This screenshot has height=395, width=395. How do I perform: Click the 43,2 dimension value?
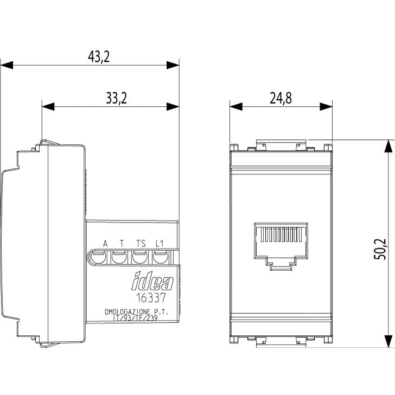pyautogui.click(x=99, y=56)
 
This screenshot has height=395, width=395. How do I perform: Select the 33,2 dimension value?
pyautogui.click(x=116, y=98)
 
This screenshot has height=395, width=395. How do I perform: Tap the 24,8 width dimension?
pyautogui.click(x=281, y=98)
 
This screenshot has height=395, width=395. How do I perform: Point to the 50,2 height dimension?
pyautogui.click(x=380, y=249)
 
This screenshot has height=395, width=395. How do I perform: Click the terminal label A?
pyautogui.click(x=105, y=244)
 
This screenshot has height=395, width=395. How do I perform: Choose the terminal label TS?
pyautogui.click(x=141, y=244)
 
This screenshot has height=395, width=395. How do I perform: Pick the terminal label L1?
pyautogui.click(x=160, y=244)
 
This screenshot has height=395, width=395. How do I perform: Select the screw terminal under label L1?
pyautogui.click(x=161, y=257)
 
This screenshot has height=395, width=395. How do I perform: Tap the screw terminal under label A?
pyautogui.click(x=98, y=257)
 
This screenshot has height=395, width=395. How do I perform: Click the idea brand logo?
pyautogui.click(x=152, y=281)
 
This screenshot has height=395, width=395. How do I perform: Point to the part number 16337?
pyautogui.click(x=151, y=297)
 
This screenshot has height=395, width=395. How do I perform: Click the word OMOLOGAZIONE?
pyautogui.click(x=128, y=312)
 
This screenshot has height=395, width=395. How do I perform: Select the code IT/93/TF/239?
pyautogui.click(x=136, y=318)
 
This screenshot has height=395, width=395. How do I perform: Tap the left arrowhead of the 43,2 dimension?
pyautogui.click(x=7, y=65)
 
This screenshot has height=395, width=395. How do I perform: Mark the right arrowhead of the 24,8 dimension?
pyautogui.click(x=326, y=106)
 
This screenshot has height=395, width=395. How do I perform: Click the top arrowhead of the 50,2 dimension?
pyautogui.click(x=388, y=146)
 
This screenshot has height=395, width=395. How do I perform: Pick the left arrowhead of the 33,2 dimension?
pyautogui.click(x=48, y=106)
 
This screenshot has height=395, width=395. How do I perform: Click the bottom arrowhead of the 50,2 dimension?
pyautogui.click(x=388, y=341)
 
